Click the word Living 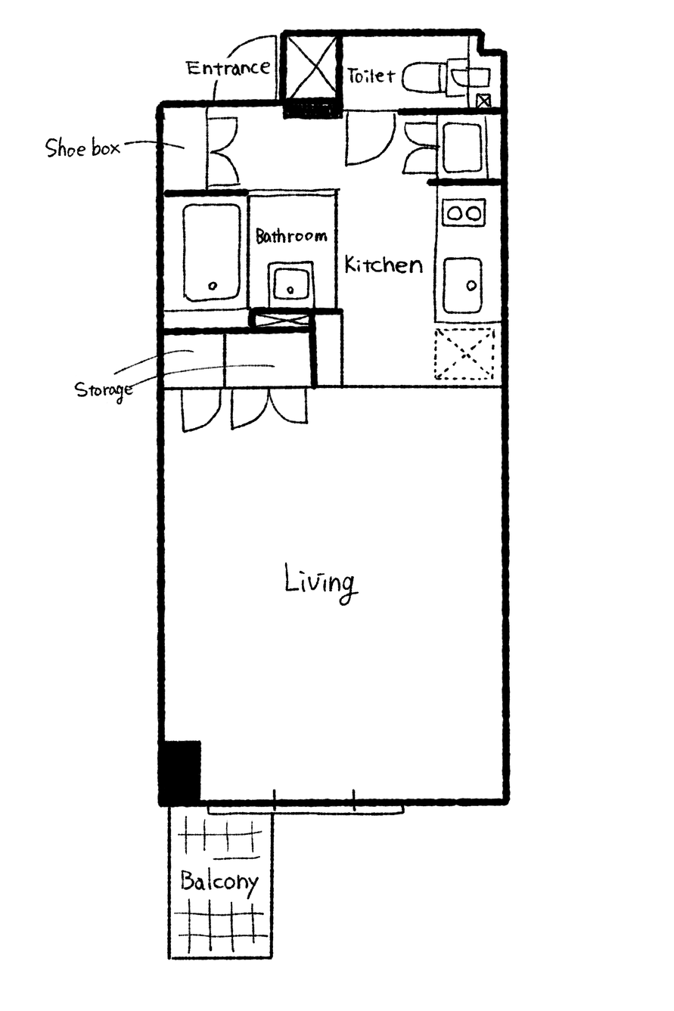click(321, 583)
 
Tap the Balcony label click(219, 881)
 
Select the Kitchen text click(384, 265)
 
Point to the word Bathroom click(291, 236)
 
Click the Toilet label click(371, 76)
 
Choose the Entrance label click(228, 68)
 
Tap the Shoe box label click(82, 147)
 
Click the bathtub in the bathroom click(212, 253)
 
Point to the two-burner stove click(464, 212)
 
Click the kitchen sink click(462, 286)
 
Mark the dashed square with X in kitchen click(464, 354)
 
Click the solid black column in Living click(181, 772)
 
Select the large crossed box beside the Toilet click(312, 67)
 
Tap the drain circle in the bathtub click(213, 286)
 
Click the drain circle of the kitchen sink click(471, 285)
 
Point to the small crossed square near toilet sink click(483, 101)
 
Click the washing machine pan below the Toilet click(462, 147)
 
